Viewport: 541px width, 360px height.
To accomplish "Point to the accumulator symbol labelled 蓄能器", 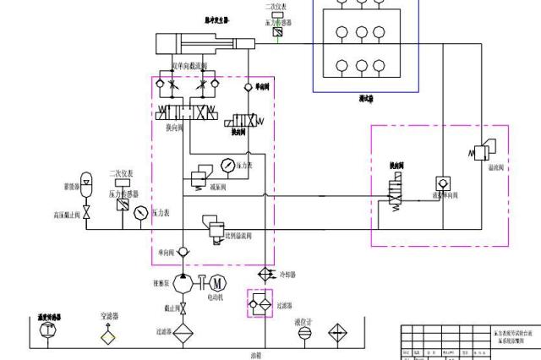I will [x=85, y=183].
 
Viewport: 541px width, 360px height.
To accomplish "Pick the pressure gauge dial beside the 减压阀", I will [x=227, y=164].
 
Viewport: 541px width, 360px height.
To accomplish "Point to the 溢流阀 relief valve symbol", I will [x=484, y=153].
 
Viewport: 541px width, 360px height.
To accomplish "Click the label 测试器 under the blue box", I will [x=366, y=99].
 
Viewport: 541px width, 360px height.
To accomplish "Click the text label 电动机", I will [x=216, y=297].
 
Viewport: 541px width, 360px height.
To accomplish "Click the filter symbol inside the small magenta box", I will [x=258, y=303].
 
